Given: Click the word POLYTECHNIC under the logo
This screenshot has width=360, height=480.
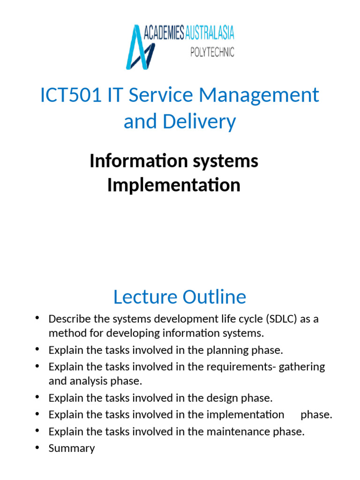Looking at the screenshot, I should (212, 52).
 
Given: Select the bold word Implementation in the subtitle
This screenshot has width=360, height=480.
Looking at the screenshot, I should (173, 185).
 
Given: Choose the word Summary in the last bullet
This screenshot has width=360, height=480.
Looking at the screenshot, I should (72, 448).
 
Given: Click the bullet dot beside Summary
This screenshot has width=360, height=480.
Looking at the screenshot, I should (37, 448).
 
